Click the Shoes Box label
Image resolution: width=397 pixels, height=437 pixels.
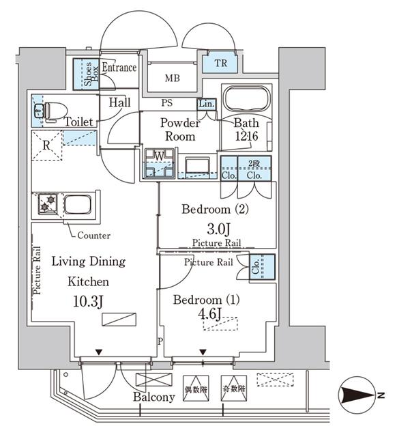click(x=87, y=74)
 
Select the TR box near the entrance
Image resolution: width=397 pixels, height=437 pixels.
click(x=220, y=64)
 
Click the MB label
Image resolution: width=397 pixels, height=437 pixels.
click(x=173, y=78)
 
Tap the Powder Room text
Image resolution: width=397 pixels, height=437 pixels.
click(x=179, y=130)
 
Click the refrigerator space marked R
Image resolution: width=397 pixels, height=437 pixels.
click(x=46, y=145)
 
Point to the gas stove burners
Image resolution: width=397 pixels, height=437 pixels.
click(x=47, y=203)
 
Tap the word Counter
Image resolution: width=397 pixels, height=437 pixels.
click(x=94, y=235)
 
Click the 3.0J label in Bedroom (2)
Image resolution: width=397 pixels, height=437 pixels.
click(x=216, y=227)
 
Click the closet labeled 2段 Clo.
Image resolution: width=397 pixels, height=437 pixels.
click(x=254, y=168)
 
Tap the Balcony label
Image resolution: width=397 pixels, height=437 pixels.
click(x=153, y=397)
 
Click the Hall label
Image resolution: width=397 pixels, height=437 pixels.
click(x=120, y=102)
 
